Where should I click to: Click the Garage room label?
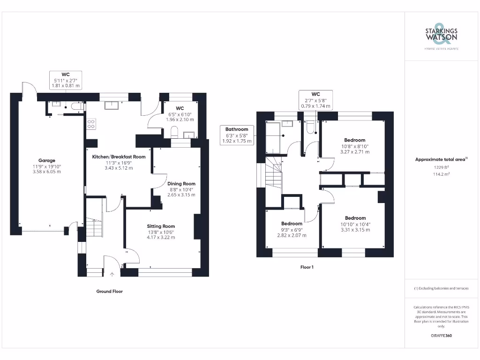(47, 160)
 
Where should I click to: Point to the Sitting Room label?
(161, 226)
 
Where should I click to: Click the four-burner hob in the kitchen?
(91, 124)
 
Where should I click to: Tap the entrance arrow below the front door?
(112, 275)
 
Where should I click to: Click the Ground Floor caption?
(109, 291)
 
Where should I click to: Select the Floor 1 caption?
(307, 267)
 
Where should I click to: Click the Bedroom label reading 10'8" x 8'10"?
(354, 140)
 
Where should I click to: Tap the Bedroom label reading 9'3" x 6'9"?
(292, 224)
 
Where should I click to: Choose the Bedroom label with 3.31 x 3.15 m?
(355, 218)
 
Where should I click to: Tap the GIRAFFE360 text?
(441, 336)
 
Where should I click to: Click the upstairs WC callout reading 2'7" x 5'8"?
(315, 100)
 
